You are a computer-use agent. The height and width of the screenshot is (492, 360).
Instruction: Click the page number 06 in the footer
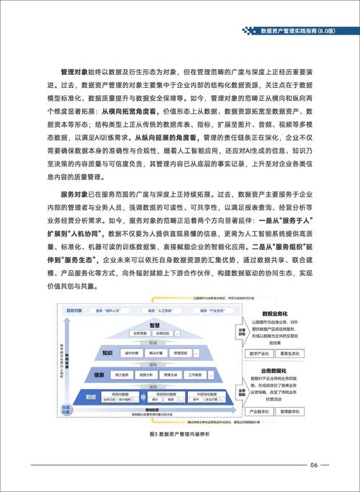coord(314,465)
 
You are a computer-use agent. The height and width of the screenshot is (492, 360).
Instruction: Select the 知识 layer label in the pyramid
coord(107,353)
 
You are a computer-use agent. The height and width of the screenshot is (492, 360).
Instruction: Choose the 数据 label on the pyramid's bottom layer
coord(91,397)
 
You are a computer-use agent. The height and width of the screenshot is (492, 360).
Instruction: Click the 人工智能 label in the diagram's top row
coord(153,310)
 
